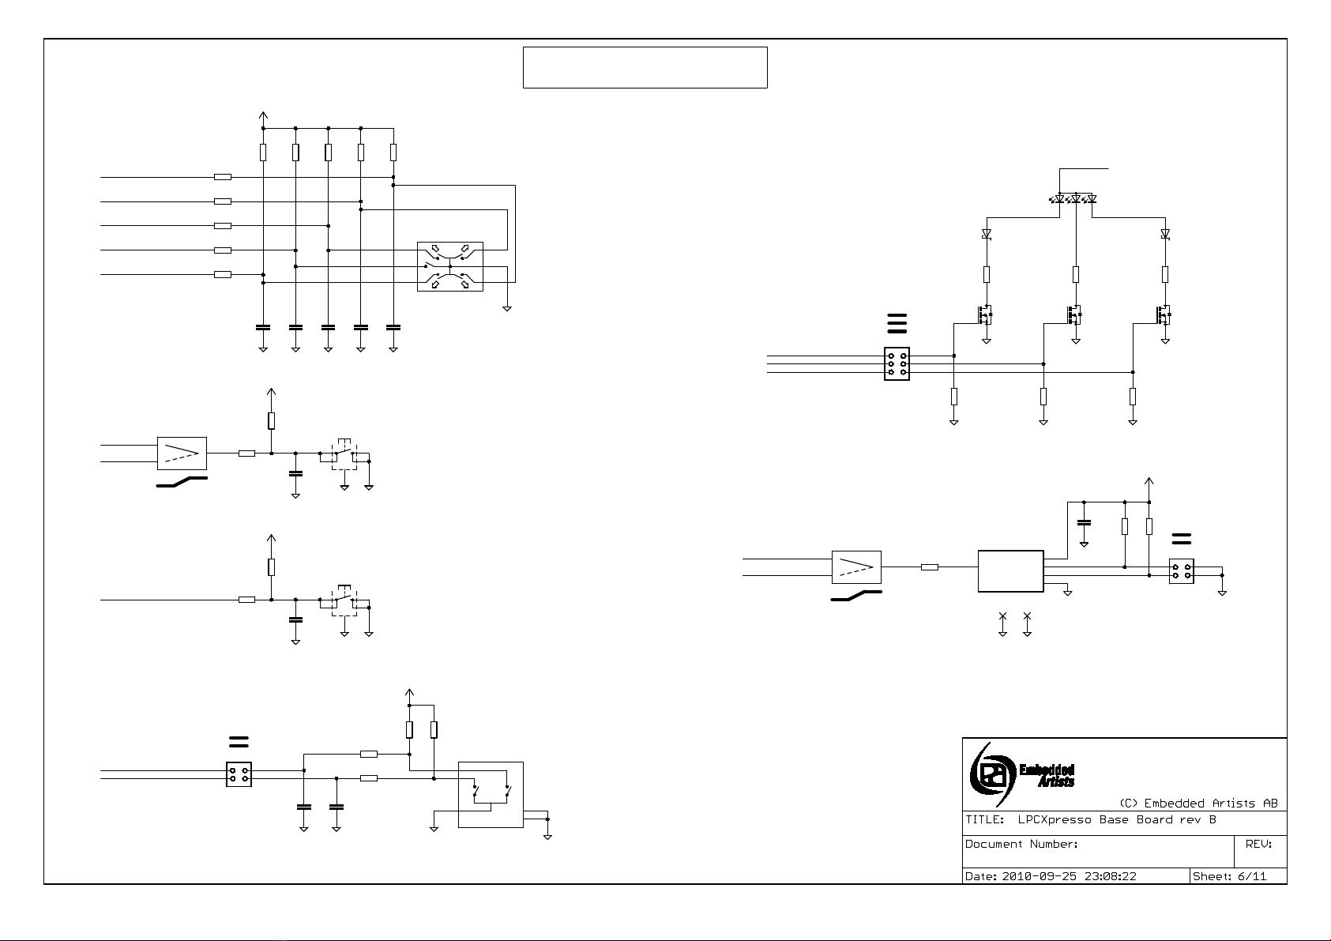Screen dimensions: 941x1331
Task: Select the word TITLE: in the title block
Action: pyautogui.click(x=984, y=819)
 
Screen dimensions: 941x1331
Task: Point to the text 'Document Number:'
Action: pyautogui.click(x=1021, y=844)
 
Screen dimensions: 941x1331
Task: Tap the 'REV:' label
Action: pyautogui.click(x=1258, y=844)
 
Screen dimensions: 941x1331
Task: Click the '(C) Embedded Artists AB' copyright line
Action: pyautogui.click(x=1198, y=804)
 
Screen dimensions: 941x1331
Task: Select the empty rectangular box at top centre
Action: pyautogui.click(x=645, y=67)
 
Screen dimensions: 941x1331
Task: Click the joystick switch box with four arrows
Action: pyautogui.click(x=449, y=266)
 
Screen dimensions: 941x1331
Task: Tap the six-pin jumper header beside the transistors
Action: pyautogui.click(x=897, y=364)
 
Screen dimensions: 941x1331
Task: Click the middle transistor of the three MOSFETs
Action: pyautogui.click(x=1073, y=314)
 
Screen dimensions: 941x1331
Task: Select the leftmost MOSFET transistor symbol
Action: pyautogui.click(x=984, y=314)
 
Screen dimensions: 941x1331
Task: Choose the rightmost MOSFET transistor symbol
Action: pyautogui.click(x=1164, y=314)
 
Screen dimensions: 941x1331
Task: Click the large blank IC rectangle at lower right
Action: pyautogui.click(x=1010, y=571)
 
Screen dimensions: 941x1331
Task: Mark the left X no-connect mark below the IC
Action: pyautogui.click(x=1002, y=615)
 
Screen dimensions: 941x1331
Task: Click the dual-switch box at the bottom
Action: pyautogui.click(x=491, y=794)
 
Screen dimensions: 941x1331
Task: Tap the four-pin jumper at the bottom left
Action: pyautogui.click(x=239, y=774)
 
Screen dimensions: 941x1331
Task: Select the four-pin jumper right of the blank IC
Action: pyautogui.click(x=1181, y=571)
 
